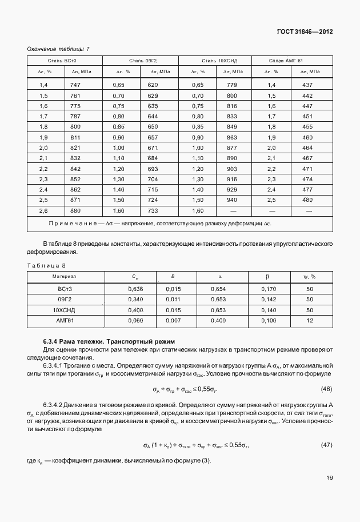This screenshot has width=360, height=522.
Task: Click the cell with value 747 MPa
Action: coord(75,85)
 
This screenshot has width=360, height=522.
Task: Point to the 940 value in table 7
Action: coord(232,200)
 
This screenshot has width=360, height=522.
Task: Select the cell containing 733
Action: coord(153,210)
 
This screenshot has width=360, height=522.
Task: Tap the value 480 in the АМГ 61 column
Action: coord(307,200)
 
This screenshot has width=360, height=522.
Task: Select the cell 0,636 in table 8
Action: coord(135,289)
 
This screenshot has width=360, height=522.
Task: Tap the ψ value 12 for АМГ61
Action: coord(309,321)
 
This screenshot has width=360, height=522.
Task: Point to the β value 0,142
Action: coord(267,300)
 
